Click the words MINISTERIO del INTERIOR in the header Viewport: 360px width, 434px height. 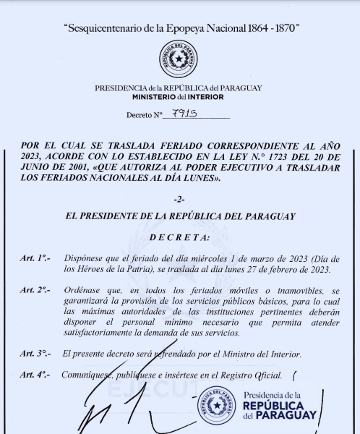click(178, 96)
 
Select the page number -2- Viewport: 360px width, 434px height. click(179, 198)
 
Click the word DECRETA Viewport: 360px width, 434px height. click(179, 237)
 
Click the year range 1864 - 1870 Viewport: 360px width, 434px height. click(267, 28)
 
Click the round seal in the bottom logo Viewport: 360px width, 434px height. click(218, 407)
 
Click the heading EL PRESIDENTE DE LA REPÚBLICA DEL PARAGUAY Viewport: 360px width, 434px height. click(179, 216)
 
